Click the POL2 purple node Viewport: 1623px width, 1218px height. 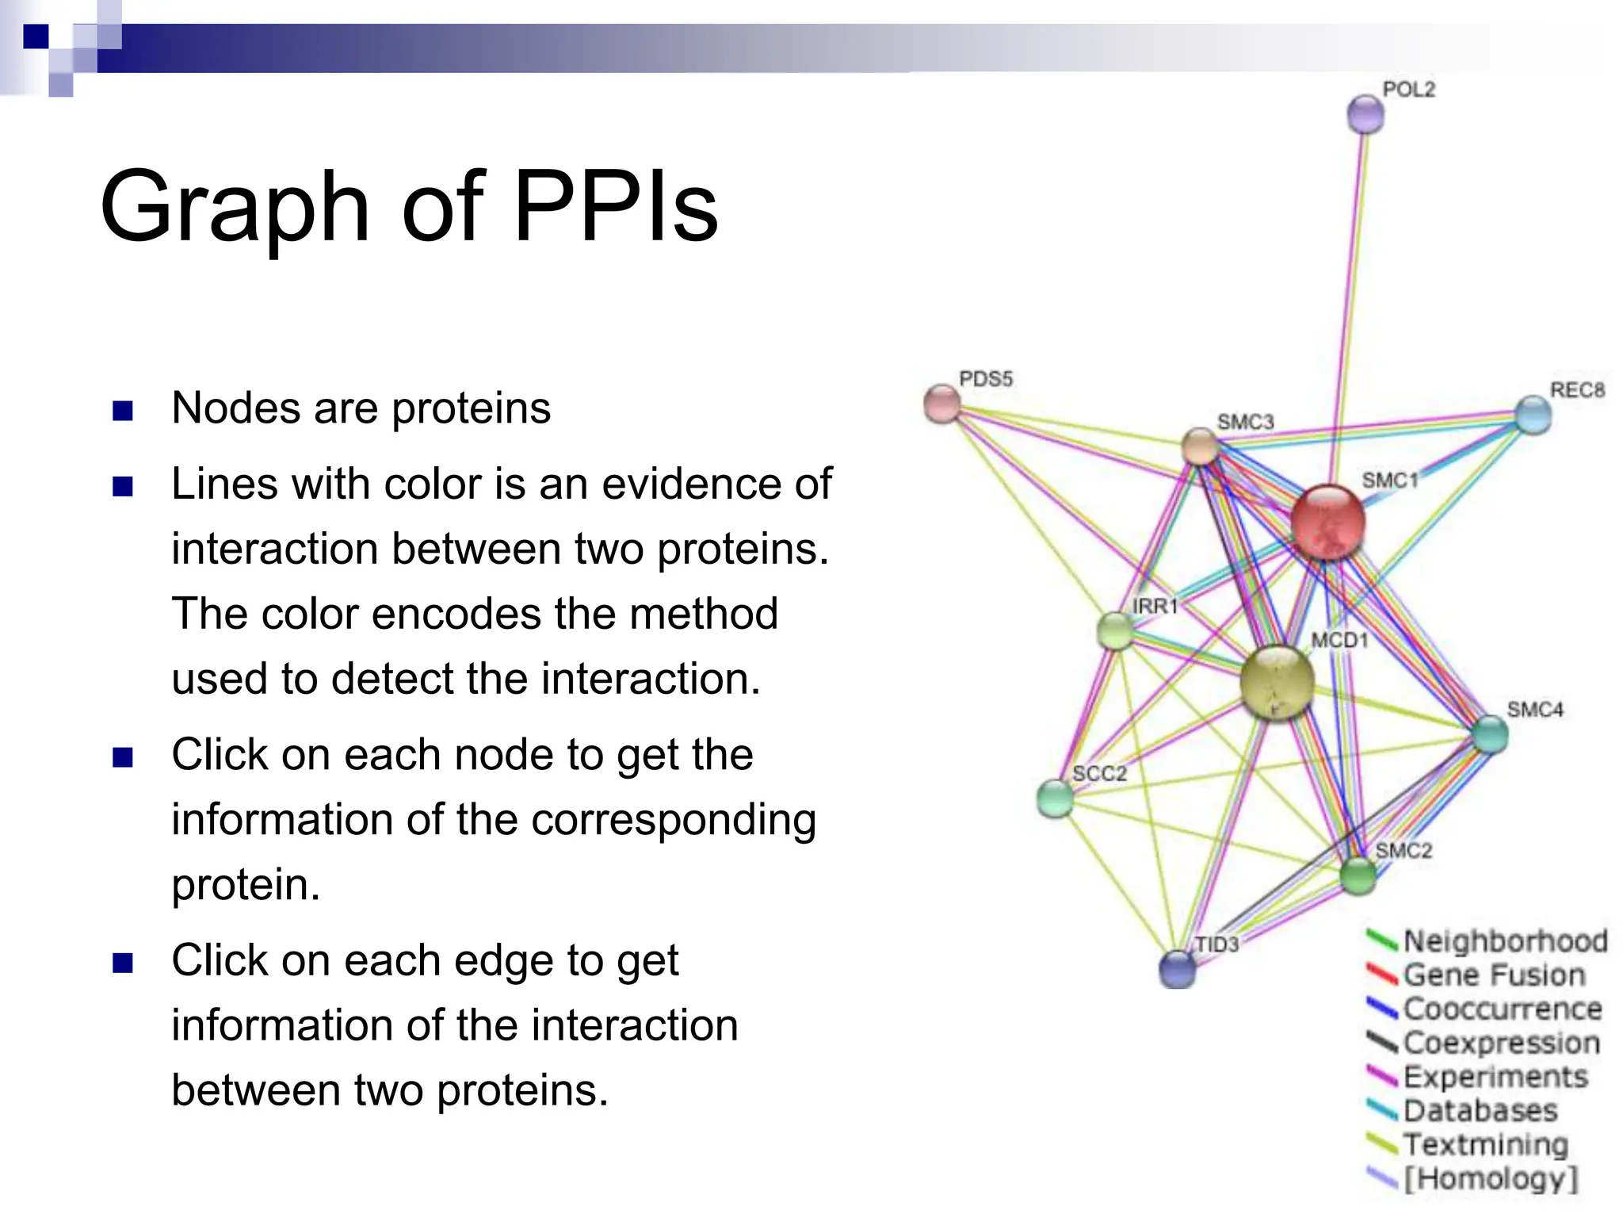tap(1365, 115)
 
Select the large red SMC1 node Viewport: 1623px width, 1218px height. tap(1328, 522)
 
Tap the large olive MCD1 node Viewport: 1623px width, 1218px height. tap(1276, 683)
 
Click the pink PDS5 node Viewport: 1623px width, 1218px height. tap(942, 404)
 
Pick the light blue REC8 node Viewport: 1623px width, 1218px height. tap(1533, 415)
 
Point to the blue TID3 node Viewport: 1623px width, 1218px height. tap(1177, 969)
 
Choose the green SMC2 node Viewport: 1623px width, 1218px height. tap(1358, 876)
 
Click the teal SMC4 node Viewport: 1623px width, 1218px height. tap(1490, 734)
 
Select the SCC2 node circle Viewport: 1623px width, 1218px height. tap(1055, 799)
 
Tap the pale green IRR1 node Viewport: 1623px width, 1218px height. tap(1115, 631)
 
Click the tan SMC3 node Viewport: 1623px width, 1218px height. tap(1200, 446)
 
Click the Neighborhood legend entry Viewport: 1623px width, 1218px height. tap(1504, 941)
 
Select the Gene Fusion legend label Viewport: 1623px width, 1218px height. tap(1493, 975)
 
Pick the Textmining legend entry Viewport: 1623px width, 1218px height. tap(1485, 1145)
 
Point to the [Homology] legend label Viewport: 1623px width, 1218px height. tap(1491, 1179)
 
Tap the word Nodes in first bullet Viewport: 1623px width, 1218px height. tap(236, 409)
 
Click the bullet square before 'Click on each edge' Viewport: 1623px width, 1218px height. tap(123, 963)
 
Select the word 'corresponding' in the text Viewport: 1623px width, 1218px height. tap(673, 821)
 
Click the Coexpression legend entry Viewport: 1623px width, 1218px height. tap(1501, 1044)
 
